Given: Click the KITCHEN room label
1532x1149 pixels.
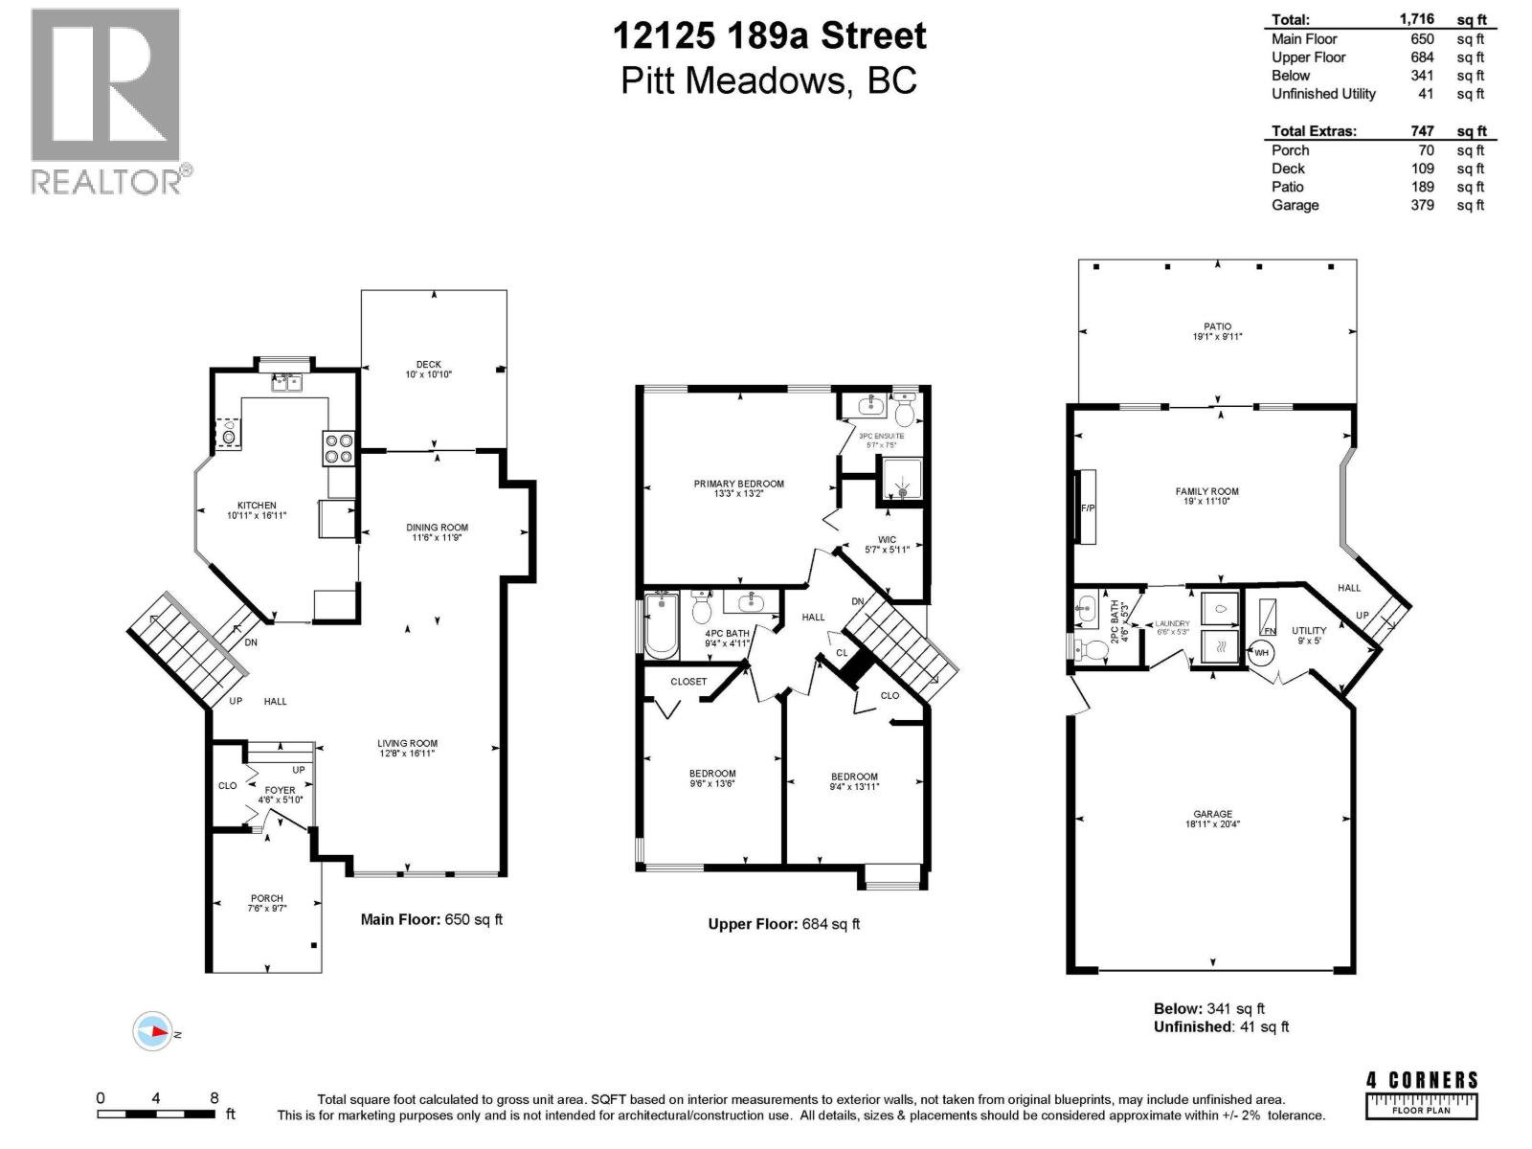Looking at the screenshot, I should tap(257, 506).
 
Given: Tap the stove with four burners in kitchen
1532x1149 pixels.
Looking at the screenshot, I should tap(339, 448).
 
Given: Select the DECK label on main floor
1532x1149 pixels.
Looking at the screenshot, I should tap(428, 364).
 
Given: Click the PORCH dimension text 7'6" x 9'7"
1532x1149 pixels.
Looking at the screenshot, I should tap(266, 909).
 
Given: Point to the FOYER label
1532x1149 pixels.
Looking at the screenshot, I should tap(281, 790).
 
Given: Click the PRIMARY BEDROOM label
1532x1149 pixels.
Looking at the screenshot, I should tap(738, 484).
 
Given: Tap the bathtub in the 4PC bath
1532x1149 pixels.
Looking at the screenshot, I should tap(661, 625).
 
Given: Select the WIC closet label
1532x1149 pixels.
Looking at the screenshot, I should tap(887, 540).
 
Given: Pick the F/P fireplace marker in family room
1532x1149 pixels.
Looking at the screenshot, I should tap(1087, 507).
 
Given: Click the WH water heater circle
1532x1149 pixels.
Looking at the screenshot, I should tap(1261, 653).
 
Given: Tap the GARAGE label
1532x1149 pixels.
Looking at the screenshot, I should tap(1212, 814).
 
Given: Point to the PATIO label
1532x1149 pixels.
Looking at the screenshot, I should tap(1218, 327).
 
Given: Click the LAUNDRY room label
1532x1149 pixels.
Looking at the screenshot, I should tap(1172, 623).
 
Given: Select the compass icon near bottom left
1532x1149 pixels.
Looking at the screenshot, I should tap(152, 1032).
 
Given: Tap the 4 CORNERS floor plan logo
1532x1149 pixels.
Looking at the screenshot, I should tap(1422, 1093).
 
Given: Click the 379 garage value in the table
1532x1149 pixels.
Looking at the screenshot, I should tap(1422, 205).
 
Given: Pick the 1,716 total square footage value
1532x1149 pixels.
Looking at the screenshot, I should tap(1416, 19).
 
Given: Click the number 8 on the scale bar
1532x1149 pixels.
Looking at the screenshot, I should tap(214, 1098).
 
